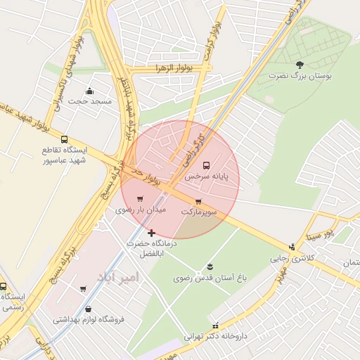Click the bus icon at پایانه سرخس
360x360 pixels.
[206, 165]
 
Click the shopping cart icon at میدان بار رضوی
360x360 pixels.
[140, 198]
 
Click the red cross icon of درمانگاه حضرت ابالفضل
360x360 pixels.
[151, 232]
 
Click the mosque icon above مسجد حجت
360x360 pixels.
[89, 91]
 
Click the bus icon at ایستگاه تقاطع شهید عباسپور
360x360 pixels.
[65, 139]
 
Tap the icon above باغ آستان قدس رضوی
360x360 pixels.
[210, 266]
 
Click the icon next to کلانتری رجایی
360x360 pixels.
[292, 247]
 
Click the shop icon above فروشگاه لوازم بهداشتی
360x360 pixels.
[88, 309]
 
